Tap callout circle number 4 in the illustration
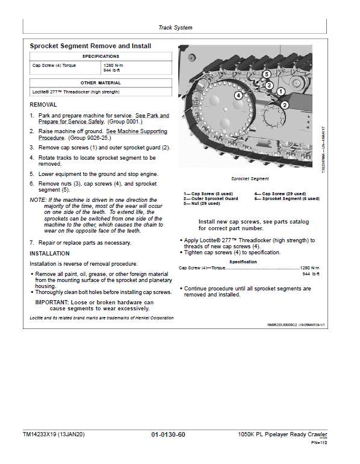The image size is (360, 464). coord(238,95)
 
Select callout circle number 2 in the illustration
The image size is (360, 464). coord(285,104)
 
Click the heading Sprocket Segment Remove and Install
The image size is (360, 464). coord(90,46)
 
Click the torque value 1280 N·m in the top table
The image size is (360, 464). coord(114,64)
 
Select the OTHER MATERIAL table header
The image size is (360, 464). coord(101,83)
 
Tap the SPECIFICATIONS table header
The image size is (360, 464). coord(101,56)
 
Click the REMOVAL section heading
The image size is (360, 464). coord(43,104)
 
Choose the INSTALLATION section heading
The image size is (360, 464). coord(50,254)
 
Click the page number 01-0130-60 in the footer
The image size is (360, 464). coord(168,434)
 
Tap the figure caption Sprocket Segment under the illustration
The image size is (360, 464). coord(250,179)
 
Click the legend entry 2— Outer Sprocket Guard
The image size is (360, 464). coord(211,198)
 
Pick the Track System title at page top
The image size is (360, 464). coord(175,28)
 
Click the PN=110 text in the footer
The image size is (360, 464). coord(318,444)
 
